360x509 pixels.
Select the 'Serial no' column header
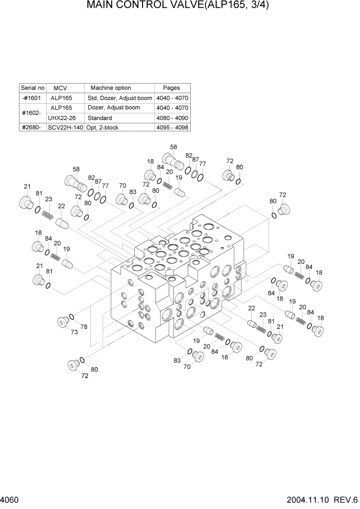tap(32, 88)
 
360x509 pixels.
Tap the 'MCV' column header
tap(61, 88)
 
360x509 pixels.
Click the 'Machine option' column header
tap(110, 88)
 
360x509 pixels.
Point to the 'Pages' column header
tap(171, 88)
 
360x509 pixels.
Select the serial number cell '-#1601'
tap(32, 98)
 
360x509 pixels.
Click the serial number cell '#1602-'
tap(32, 113)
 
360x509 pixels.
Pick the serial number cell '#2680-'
tap(32, 127)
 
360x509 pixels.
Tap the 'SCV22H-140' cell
tap(65, 127)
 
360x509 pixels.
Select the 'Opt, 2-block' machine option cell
tap(102, 127)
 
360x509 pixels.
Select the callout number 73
tap(74, 332)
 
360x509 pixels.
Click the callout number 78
tap(84, 327)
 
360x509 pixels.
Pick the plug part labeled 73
tap(63, 322)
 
